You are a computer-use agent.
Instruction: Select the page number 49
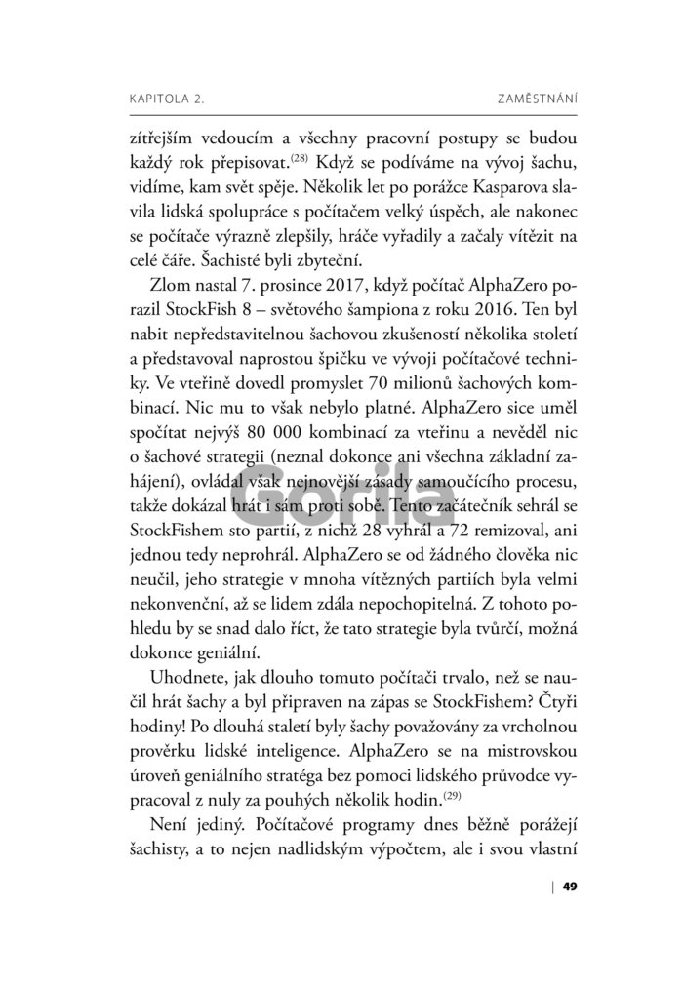[x=572, y=886]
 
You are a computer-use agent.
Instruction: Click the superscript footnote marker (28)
[x=301, y=154]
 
